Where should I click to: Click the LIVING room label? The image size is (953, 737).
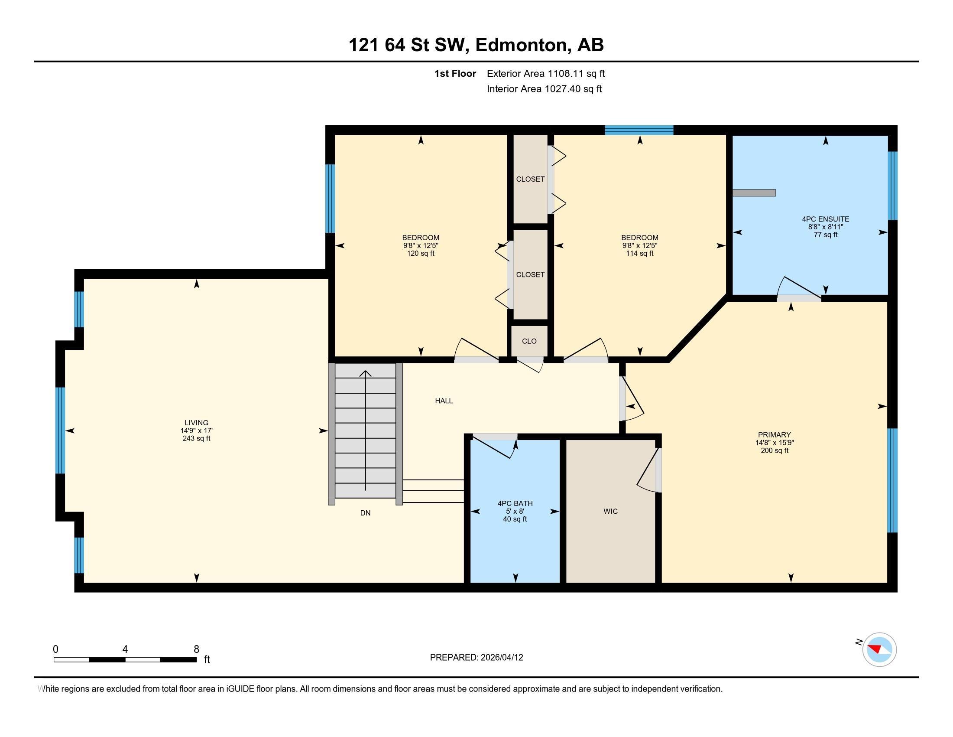pos(196,423)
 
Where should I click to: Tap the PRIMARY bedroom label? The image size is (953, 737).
pos(775,435)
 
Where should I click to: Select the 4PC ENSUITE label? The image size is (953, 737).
pos(826,219)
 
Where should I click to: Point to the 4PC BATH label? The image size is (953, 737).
pos(515,503)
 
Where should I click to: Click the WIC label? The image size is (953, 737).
pos(610,511)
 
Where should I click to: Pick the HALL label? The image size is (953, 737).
pos(444,401)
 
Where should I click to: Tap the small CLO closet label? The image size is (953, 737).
pos(529,341)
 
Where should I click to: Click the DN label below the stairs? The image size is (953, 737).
pos(365,513)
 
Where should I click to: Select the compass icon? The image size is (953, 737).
pos(879,650)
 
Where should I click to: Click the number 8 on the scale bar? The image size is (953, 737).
pos(196,649)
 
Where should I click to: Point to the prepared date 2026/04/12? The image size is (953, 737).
pos(501,658)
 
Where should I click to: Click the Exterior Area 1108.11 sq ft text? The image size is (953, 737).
pos(546,74)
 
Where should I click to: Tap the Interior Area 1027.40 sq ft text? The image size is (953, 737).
pos(544,89)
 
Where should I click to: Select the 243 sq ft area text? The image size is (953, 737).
pos(196,438)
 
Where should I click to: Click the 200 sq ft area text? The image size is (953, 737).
pos(775,450)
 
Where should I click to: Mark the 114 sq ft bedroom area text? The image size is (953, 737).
pos(640,253)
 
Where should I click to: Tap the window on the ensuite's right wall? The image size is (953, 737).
pos(893,186)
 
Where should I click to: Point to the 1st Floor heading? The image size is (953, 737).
pos(455,74)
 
